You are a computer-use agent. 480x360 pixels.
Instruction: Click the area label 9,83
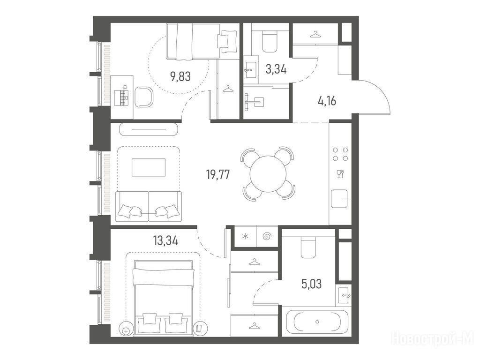pyautogui.click(x=180, y=76)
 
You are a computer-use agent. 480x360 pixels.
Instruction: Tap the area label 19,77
pyautogui.click(x=218, y=175)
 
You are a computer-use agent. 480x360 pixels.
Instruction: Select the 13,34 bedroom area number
pyautogui.click(x=165, y=240)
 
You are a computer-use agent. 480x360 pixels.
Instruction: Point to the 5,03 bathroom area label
pyautogui.click(x=312, y=284)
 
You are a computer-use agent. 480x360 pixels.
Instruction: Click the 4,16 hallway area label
pyautogui.click(x=327, y=100)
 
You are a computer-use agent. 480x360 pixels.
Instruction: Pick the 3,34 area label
pyautogui.click(x=276, y=69)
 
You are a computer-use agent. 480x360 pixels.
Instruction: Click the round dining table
pyautogui.click(x=268, y=174)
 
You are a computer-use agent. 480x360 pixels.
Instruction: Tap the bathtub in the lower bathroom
pyautogui.click(x=317, y=322)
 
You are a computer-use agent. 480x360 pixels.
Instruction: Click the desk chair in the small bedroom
pyautogui.click(x=144, y=97)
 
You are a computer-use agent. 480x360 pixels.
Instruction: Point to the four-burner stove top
pyautogui.click(x=340, y=154)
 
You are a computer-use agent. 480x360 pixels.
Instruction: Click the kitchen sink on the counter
pyautogui.click(x=339, y=199)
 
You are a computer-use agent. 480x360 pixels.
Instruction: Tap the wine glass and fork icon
pyautogui.click(x=340, y=174)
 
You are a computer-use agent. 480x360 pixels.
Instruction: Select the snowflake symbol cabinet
pyautogui.click(x=245, y=236)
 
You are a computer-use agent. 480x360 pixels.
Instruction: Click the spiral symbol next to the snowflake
pyautogui.click(x=267, y=236)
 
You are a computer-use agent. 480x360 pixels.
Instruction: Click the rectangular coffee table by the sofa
pyautogui.click(x=149, y=167)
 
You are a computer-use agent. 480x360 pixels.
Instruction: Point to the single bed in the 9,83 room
pyautogui.click(x=202, y=42)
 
